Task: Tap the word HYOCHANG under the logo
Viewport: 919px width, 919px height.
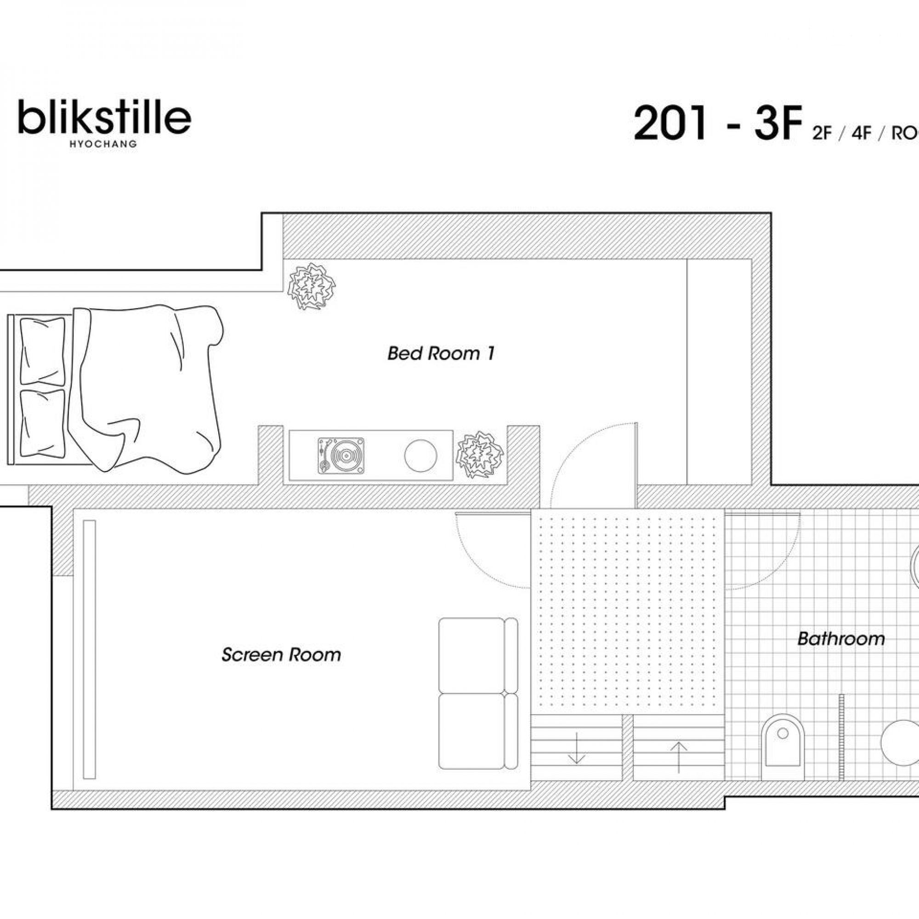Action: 103,144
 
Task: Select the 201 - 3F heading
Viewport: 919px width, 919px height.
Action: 715,124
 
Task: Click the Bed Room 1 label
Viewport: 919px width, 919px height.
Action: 441,353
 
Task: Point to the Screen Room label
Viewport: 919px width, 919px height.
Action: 281,655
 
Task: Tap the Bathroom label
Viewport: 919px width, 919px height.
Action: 841,638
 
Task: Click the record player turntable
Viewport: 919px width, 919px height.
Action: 341,456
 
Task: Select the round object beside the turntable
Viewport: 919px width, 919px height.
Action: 420,456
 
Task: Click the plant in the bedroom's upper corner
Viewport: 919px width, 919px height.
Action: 312,286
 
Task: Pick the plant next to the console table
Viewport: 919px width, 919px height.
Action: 479,455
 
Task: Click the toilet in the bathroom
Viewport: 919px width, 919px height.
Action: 783,753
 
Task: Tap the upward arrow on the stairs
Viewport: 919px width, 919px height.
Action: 679,757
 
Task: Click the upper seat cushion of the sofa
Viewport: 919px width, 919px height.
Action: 471,656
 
